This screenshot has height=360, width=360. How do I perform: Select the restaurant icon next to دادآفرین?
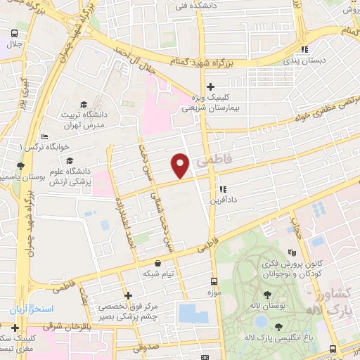223,189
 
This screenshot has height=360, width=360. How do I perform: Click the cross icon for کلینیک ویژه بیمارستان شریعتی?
210,87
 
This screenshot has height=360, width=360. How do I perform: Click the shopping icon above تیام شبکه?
156,262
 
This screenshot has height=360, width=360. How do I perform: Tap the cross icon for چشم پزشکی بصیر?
127,296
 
